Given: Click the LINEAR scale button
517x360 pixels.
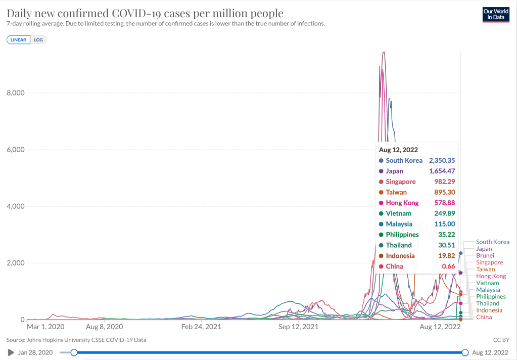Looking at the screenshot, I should coord(18,39).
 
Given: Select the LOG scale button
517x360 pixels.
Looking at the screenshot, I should coord(38,39).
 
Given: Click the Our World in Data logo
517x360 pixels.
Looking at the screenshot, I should coord(496,14).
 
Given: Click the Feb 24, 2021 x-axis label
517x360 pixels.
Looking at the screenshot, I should coord(201,327).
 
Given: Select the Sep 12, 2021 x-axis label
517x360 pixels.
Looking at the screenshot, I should coord(299,327).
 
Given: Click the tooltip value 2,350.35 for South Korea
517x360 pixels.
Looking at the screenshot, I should coord(442,160).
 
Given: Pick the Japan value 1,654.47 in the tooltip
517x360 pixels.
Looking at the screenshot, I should coord(442,171).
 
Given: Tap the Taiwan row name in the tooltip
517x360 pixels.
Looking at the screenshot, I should coord(396,192).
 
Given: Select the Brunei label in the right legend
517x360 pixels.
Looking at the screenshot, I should coord(485,256).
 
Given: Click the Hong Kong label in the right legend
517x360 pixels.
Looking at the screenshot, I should coord(491,276).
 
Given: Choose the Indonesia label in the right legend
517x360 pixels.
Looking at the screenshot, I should coord(489,310).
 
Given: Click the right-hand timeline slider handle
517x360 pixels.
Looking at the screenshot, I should coord(465,352).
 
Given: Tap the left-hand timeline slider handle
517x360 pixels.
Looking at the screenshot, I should coord(74,352).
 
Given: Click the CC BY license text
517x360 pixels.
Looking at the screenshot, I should coord(501,340).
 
